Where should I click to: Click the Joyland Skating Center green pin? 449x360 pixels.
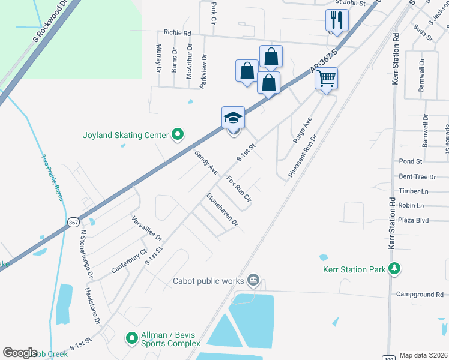pyautogui.click(x=177, y=135)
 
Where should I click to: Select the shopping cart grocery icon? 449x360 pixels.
pyautogui.click(x=326, y=78)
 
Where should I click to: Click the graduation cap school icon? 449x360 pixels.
pyautogui.click(x=233, y=117)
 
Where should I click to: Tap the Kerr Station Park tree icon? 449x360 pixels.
pyautogui.click(x=394, y=269)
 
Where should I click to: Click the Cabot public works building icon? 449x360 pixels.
pyautogui.click(x=253, y=280)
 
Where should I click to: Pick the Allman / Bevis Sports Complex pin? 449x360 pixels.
pyautogui.click(x=132, y=339)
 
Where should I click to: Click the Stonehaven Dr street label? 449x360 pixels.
pyautogui.click(x=222, y=209)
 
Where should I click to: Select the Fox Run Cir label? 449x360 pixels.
pyautogui.click(x=238, y=188)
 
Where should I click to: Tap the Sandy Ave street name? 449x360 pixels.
pyautogui.click(x=206, y=162)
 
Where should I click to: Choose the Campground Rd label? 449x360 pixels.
pyautogui.click(x=420, y=295)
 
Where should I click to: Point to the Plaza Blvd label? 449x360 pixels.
pyautogui.click(x=413, y=220)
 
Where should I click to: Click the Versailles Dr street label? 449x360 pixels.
pyautogui.click(x=147, y=227)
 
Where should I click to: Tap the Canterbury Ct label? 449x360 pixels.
pyautogui.click(x=128, y=262)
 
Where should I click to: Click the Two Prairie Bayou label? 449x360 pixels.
pyautogui.click(x=52, y=178)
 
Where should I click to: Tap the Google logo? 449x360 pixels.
pyautogui.click(x=20, y=353)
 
